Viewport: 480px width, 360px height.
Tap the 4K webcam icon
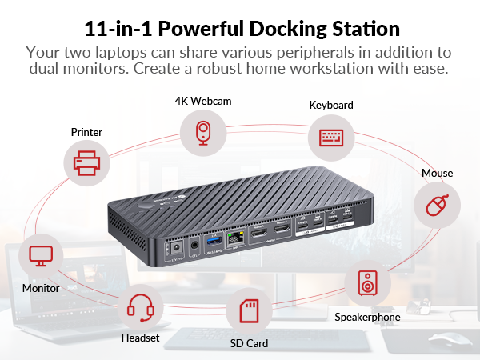pos(202,133)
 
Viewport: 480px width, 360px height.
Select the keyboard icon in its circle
pos(330,136)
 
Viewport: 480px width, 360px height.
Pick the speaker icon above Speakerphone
pos(367,282)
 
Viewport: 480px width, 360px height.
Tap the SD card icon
pos(248,310)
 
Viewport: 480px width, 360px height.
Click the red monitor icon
pos(40,256)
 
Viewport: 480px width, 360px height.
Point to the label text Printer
pos(86,132)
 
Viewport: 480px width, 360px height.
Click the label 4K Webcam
pos(202,101)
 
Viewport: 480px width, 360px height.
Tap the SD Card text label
pos(248,343)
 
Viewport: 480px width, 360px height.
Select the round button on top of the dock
pos(147,205)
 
